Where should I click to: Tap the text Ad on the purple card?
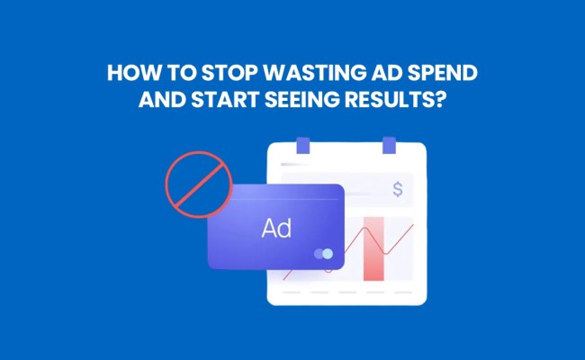coord(276,228)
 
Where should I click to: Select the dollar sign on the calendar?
coord(398,190)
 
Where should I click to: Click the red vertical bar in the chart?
coord(373,247)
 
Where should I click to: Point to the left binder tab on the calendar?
coord(302,145)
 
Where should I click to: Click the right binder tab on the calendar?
coord(389,145)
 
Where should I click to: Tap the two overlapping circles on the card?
coord(323,254)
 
